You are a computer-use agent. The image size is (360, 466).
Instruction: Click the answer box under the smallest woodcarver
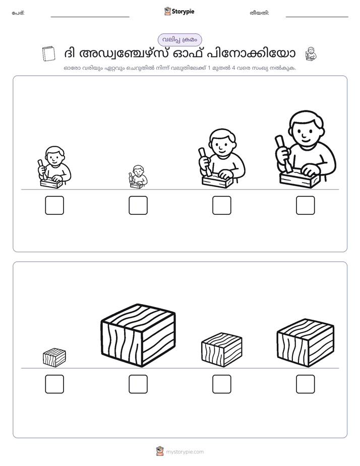(138, 205)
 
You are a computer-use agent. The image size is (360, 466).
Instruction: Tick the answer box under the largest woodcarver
(306, 205)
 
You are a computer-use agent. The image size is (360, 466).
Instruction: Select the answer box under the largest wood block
(138, 384)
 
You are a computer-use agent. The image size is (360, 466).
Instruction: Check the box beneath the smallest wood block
(54, 384)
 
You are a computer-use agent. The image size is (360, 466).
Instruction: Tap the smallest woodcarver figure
(138, 177)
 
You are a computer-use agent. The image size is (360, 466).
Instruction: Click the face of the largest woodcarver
(306, 130)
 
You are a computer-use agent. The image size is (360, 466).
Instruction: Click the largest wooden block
(138, 335)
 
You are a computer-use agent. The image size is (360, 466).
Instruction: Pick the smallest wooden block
(54, 358)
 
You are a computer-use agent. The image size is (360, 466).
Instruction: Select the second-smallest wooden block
(221, 350)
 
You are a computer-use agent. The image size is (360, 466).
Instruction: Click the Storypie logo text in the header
(183, 12)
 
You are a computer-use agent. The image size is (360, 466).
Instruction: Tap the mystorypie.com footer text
(185, 452)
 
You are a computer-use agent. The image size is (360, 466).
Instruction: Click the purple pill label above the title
(179, 40)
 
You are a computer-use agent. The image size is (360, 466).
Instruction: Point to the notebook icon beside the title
(49, 53)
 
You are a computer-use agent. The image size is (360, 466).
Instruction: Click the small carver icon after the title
(311, 54)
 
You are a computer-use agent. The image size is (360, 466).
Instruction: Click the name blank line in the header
(90, 17)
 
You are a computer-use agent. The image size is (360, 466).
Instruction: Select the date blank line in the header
(317, 17)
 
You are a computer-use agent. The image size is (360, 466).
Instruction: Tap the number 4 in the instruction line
(233, 68)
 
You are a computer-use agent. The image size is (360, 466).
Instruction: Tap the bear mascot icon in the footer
(160, 451)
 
